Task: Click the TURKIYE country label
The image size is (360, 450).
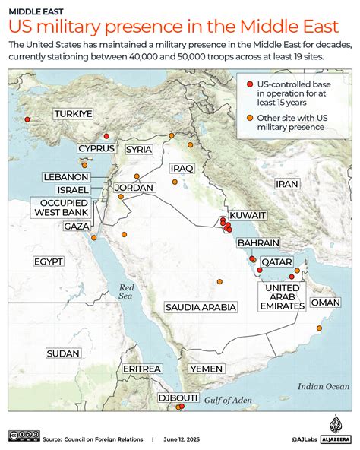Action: coord(73,114)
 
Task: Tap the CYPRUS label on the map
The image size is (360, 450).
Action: coord(96,147)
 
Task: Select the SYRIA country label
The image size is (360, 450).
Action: coord(139,149)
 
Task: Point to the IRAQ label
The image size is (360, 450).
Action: coord(183,168)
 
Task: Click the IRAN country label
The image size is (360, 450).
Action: coord(286,184)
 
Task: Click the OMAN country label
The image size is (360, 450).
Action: coord(326,303)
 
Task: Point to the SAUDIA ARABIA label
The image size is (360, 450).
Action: coord(201,306)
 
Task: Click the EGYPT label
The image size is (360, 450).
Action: coord(48,261)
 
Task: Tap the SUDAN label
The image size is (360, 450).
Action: coord(62,353)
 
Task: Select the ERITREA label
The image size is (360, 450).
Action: coord(142,368)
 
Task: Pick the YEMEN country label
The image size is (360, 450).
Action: coord(206,368)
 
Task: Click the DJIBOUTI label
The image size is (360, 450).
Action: coord(178,398)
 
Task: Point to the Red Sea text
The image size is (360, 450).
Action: coord(126,293)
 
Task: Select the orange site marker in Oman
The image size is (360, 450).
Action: coord(319,328)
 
